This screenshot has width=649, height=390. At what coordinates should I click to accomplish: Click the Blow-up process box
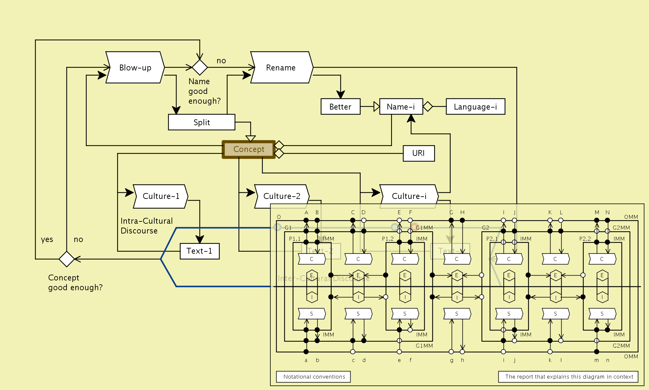(x=135, y=67)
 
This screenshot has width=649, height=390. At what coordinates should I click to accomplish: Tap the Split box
(x=202, y=122)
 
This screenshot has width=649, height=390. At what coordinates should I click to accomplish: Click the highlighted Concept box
(x=249, y=149)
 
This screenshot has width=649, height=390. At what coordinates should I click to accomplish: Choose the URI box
(x=419, y=153)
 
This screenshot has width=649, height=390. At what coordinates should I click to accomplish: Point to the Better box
(x=340, y=107)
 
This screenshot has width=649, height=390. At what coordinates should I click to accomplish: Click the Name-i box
(x=401, y=107)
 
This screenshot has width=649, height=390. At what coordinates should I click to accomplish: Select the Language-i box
(x=475, y=107)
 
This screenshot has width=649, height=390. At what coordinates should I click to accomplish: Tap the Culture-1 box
(x=161, y=196)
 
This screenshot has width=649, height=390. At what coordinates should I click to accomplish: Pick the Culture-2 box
(x=282, y=196)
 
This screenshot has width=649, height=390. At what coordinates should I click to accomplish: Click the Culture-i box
(x=409, y=196)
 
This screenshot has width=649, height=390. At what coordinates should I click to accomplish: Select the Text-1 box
(x=200, y=251)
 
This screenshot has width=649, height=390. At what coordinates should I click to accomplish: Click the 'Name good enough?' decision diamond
(x=200, y=67)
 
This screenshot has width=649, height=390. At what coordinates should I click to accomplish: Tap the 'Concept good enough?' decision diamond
(x=67, y=259)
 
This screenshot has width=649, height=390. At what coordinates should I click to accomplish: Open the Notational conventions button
(x=313, y=377)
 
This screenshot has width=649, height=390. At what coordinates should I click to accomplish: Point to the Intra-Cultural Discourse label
(x=146, y=226)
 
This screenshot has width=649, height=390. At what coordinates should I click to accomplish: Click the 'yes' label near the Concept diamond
(x=47, y=239)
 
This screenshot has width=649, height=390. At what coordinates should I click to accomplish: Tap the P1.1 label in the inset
(x=295, y=239)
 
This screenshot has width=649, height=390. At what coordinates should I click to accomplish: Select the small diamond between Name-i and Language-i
(x=428, y=107)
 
